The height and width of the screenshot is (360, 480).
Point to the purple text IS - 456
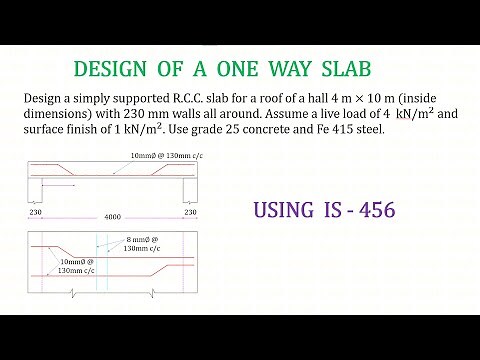(x=357, y=210)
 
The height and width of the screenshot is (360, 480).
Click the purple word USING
(x=285, y=210)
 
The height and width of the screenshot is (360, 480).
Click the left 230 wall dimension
(x=37, y=210)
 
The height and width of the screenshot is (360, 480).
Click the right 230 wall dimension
(x=190, y=210)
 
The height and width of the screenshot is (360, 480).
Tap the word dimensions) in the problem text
(x=58, y=114)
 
